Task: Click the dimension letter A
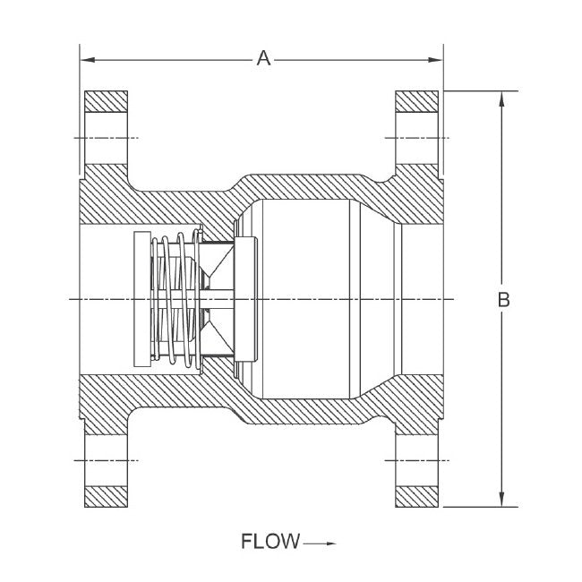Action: click(263, 59)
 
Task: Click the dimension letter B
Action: click(503, 300)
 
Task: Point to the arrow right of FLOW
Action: click(319, 543)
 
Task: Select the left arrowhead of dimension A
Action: click(87, 60)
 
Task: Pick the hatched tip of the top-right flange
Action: click(418, 101)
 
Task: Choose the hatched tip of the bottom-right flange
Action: click(418, 494)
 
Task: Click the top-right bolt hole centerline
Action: click(418, 138)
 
